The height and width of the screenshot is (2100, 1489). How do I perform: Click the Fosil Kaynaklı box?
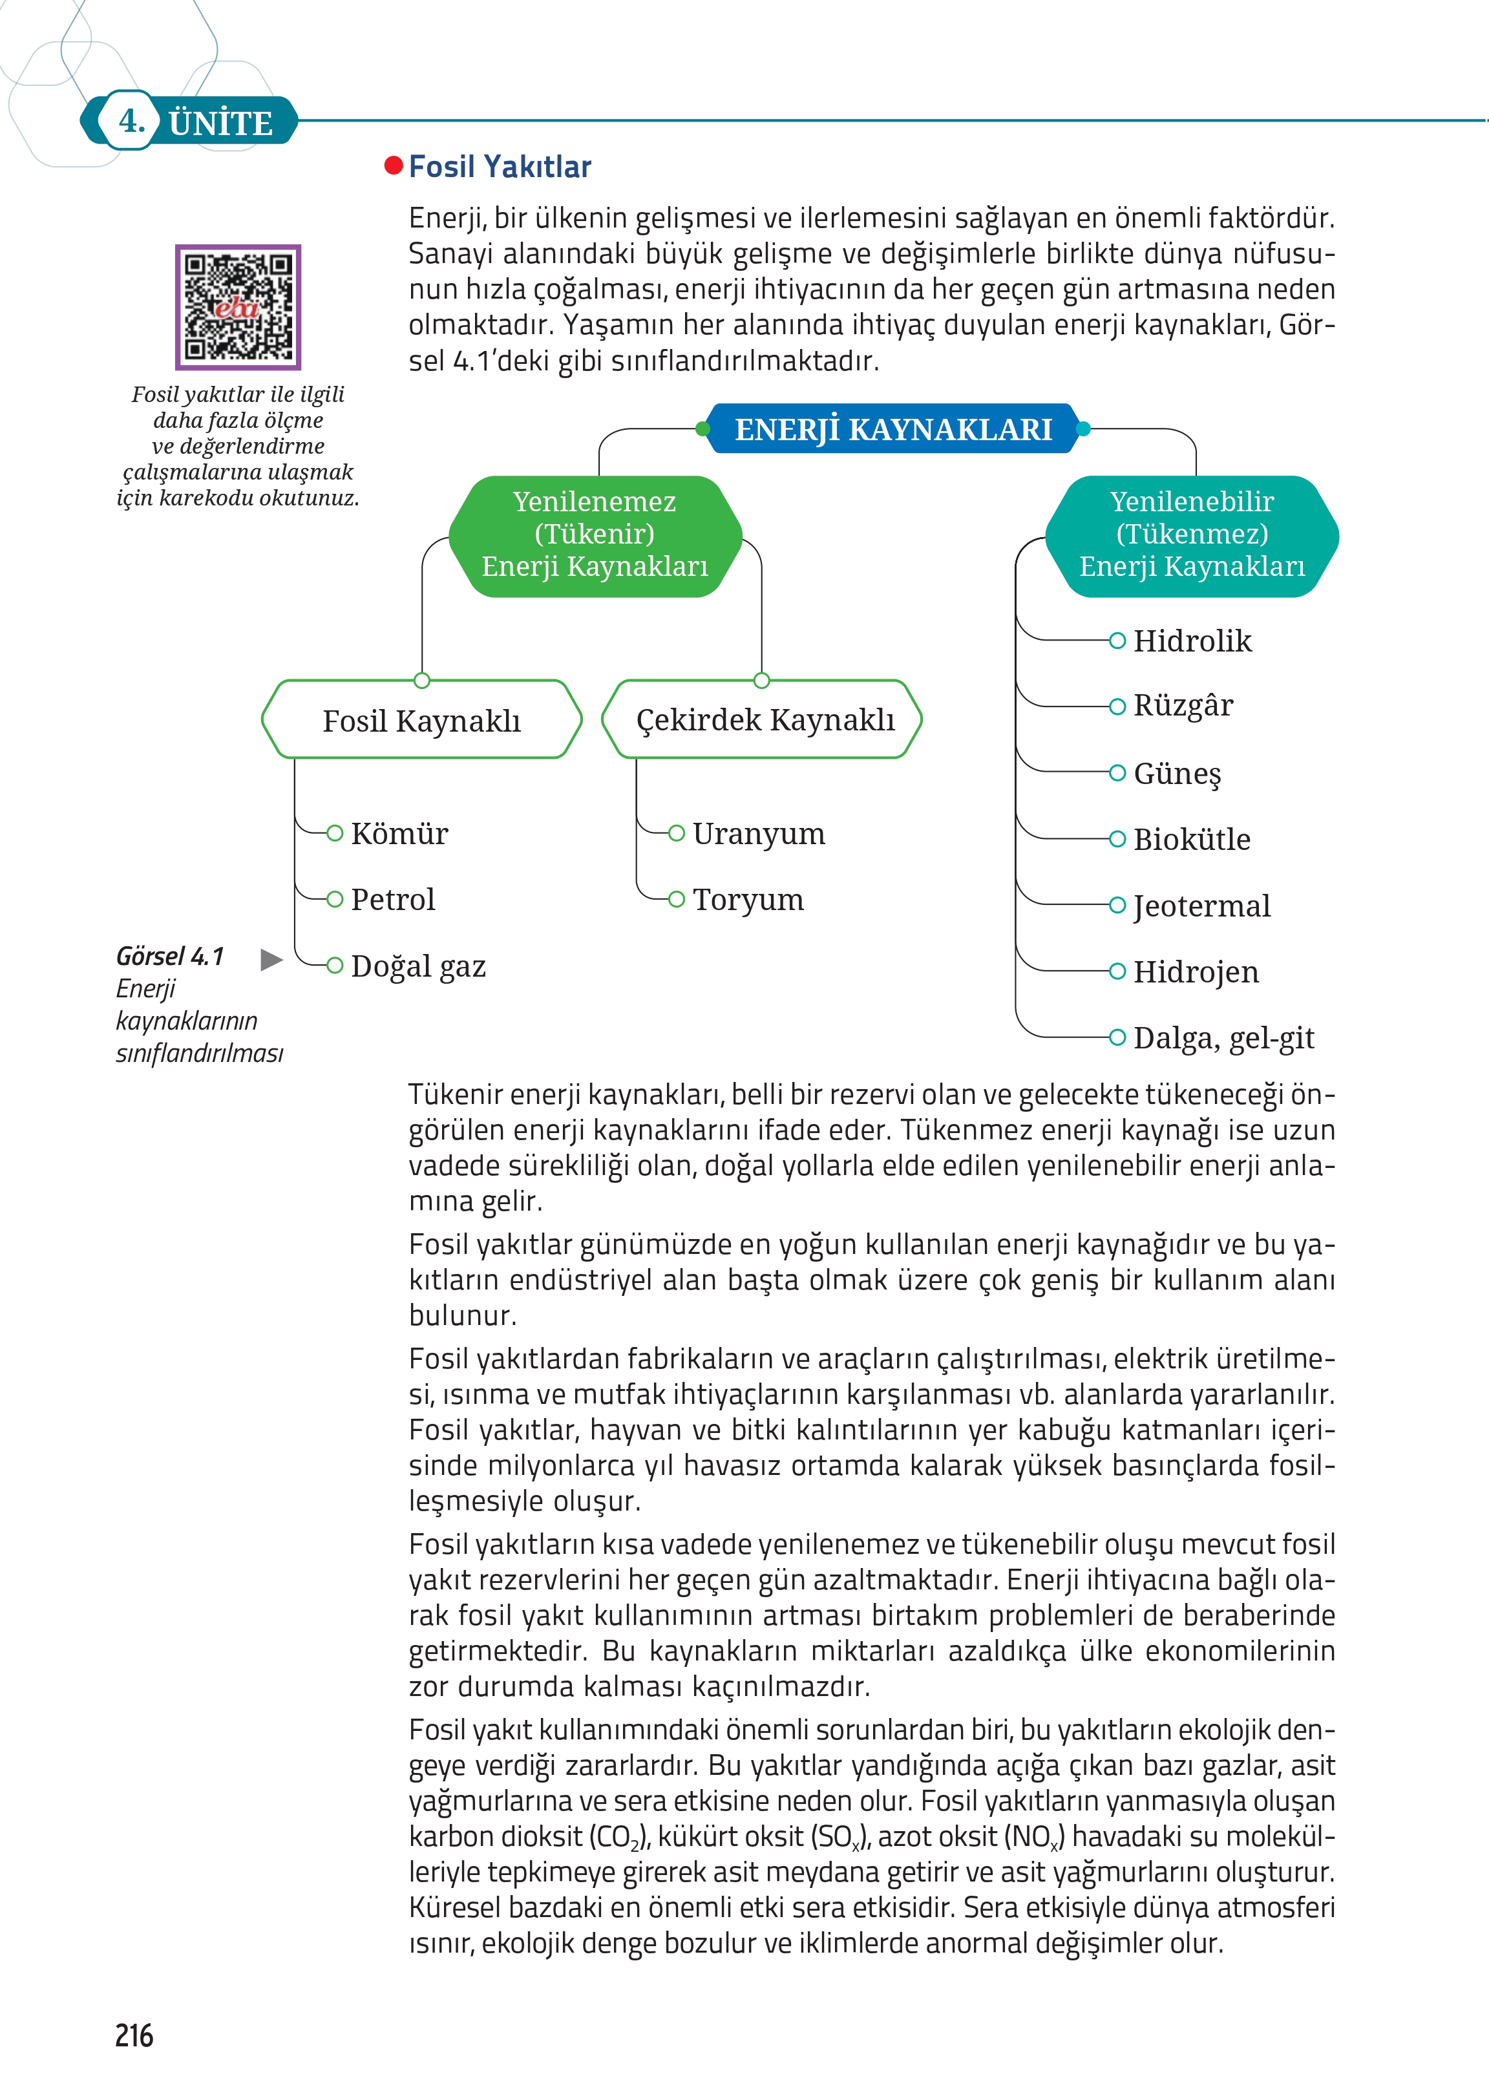422,721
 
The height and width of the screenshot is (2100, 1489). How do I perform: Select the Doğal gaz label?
418,966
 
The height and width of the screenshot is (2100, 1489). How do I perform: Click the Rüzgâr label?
1183,706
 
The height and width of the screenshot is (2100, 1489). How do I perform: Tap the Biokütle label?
1191,839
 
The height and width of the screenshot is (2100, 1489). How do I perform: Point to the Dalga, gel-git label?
1223,1038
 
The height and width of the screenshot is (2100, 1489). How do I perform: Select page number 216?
134,2035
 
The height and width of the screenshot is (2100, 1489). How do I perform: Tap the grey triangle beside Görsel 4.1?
271,960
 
